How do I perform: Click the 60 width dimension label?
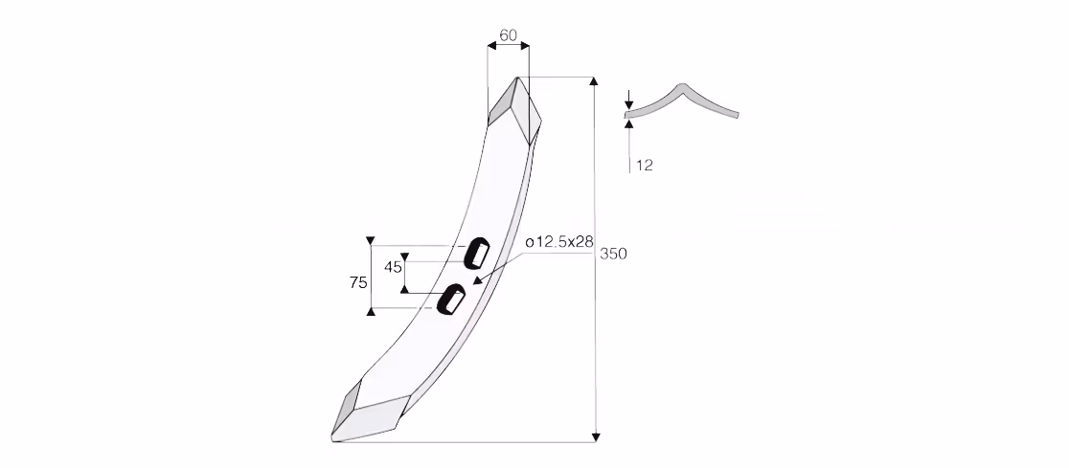point(508,35)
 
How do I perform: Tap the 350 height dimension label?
point(613,254)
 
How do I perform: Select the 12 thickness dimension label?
point(645,165)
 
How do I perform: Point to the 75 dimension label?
point(358,282)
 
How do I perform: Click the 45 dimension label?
point(394,267)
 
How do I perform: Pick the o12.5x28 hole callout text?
point(559,242)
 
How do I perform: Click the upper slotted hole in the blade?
point(477,253)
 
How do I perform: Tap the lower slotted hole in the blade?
point(452,299)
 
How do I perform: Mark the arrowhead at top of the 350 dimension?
point(595,81)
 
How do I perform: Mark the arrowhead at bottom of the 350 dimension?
point(595,436)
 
